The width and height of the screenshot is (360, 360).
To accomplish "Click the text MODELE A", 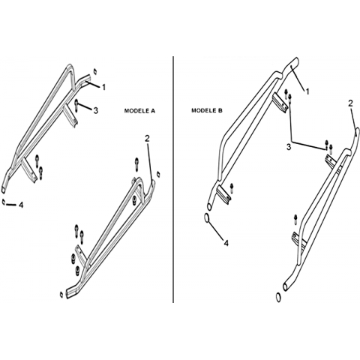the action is tap(139, 111).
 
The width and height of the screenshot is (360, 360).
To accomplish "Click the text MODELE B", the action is tap(207, 110).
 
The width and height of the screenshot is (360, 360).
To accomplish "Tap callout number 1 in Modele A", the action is tap(103, 87).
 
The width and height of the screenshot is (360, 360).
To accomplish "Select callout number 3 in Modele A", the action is tap(95, 110).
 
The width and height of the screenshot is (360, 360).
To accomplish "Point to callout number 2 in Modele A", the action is tap(147, 138).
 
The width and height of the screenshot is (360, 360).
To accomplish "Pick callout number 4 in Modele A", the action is tap(21, 205).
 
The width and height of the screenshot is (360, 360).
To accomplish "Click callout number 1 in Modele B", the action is tap(307, 91).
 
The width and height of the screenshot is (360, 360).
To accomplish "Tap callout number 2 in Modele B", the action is tap(351, 103).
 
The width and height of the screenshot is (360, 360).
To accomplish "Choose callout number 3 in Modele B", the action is tap(289, 147).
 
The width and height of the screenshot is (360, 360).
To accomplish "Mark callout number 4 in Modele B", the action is tap(226, 243).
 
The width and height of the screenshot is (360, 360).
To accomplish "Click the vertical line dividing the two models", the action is tap(173, 179).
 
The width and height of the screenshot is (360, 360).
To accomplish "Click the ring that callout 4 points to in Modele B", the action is tap(207, 218).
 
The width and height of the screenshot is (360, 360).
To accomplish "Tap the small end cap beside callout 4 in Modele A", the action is tap(4, 202).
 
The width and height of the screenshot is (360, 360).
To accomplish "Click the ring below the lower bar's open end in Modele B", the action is tap(278, 298).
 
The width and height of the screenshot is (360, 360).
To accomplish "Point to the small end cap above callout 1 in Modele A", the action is tap(95, 71).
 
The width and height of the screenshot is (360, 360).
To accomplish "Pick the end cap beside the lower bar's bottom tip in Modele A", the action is tap(61, 295).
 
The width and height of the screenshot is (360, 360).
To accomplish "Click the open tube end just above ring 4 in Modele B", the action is tap(209, 206).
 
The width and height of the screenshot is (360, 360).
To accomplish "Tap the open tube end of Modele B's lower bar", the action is tap(285, 286).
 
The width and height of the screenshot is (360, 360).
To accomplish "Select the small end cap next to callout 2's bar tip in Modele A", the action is tap(158, 174).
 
